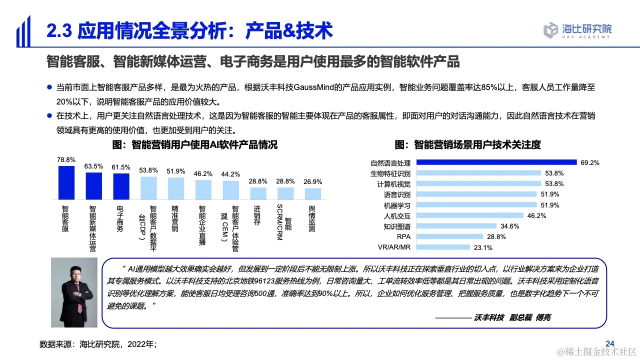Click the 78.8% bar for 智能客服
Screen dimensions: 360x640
(66, 182)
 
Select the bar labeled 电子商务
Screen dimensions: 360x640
(121, 186)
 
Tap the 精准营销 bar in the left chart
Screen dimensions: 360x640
(175, 188)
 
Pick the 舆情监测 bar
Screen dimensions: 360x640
(313, 193)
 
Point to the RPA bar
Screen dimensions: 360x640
(450, 236)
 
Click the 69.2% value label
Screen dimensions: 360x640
(590, 162)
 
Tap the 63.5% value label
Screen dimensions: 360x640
(93, 166)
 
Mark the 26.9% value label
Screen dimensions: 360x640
(313, 181)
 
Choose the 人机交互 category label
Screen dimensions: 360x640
(397, 215)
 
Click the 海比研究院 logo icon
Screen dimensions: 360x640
(550, 29)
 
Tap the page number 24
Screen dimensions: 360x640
(609, 343)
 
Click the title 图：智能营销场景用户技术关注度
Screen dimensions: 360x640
(467, 145)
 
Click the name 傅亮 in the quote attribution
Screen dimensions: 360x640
(543, 317)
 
